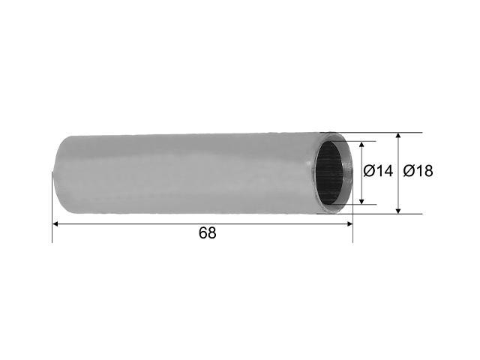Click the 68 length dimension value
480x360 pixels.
point(208,233)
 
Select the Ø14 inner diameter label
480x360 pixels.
point(378,171)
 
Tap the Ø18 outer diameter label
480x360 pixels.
point(418,171)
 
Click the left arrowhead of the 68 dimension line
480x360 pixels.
point(55,224)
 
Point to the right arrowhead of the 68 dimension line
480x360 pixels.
point(349,224)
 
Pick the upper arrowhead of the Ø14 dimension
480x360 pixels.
point(361,145)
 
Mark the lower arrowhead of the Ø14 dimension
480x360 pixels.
point(361,201)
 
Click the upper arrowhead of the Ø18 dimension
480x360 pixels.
point(398,136)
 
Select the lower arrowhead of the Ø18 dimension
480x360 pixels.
point(398,211)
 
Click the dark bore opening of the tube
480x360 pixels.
point(330,173)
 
